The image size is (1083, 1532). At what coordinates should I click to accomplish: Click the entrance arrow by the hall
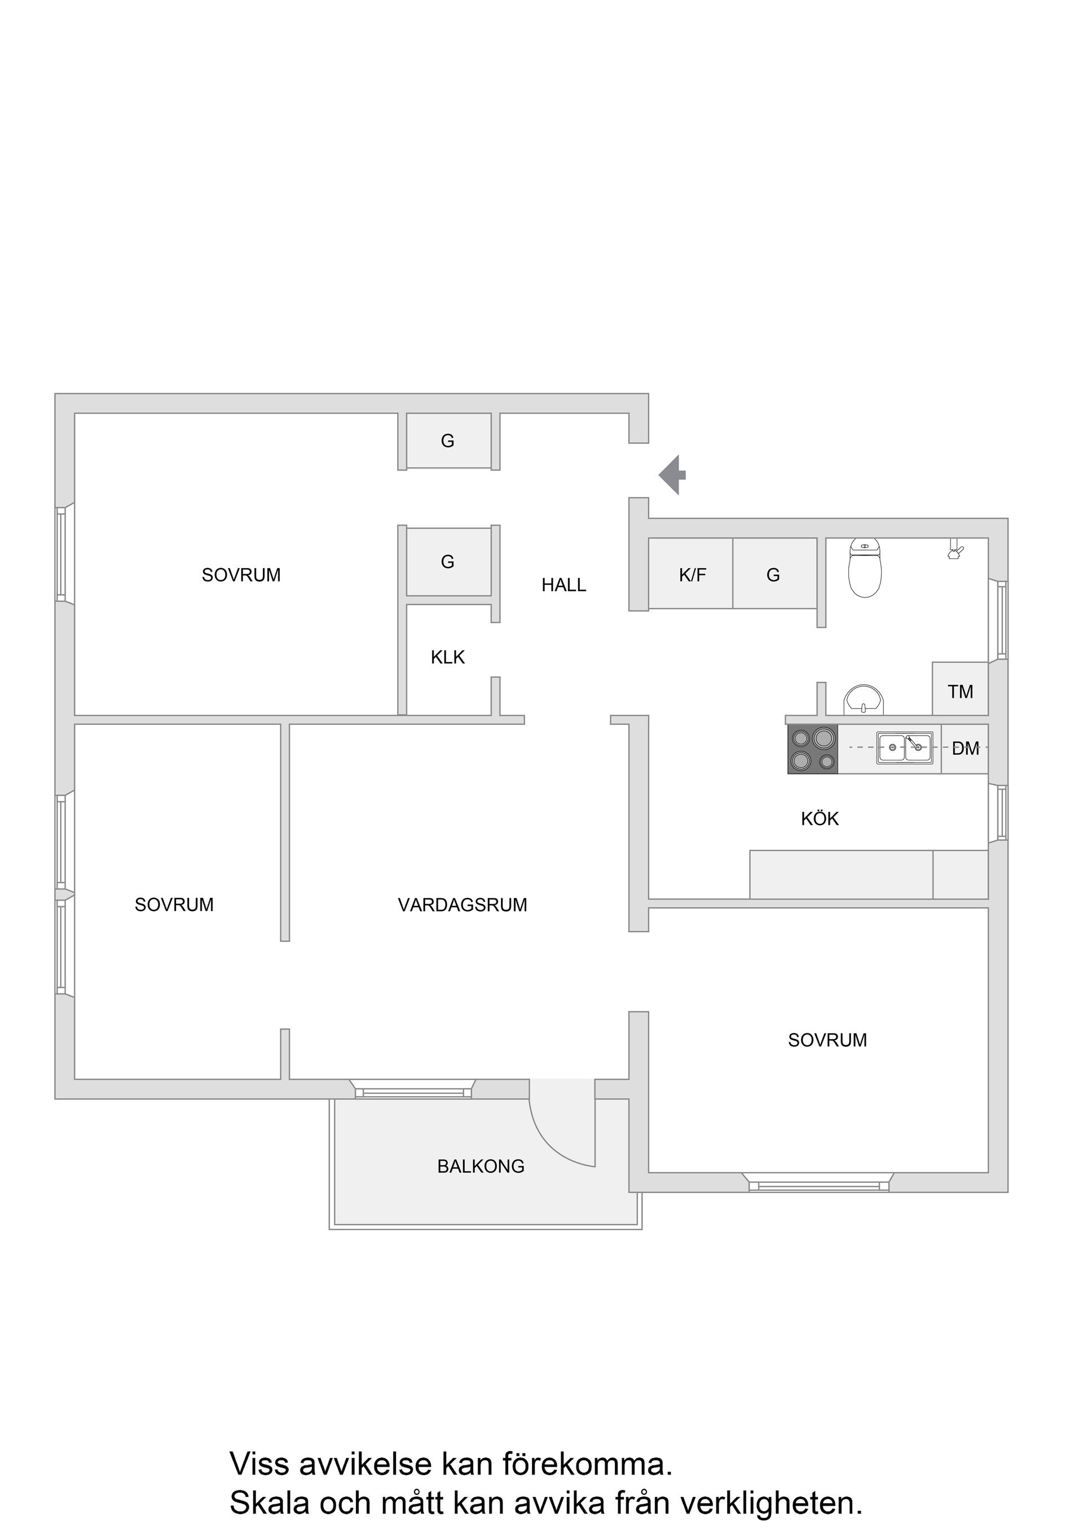coord(672,475)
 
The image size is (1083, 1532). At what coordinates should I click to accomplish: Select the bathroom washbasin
coord(864,699)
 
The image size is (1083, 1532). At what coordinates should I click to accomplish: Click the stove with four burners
coord(813,749)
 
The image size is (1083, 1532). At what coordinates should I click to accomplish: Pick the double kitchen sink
coord(905,748)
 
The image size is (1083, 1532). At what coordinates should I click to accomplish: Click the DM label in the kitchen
coord(966,749)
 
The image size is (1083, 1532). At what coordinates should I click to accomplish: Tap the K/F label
coord(693,575)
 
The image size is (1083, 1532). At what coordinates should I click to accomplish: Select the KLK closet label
coord(448,657)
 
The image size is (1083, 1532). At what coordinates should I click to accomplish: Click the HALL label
coord(564,585)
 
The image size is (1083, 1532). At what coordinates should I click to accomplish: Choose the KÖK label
coord(820,818)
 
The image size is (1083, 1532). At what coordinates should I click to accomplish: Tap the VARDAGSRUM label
coord(463,905)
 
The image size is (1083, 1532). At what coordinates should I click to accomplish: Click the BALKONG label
coord(481,1166)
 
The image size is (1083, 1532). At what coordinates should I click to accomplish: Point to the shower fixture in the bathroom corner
coord(956,548)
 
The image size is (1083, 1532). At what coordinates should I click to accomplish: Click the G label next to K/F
coord(773,575)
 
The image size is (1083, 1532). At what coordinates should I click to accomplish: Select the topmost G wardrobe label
coord(448,441)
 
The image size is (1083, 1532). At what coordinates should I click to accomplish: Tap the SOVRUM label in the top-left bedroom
coord(241,575)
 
